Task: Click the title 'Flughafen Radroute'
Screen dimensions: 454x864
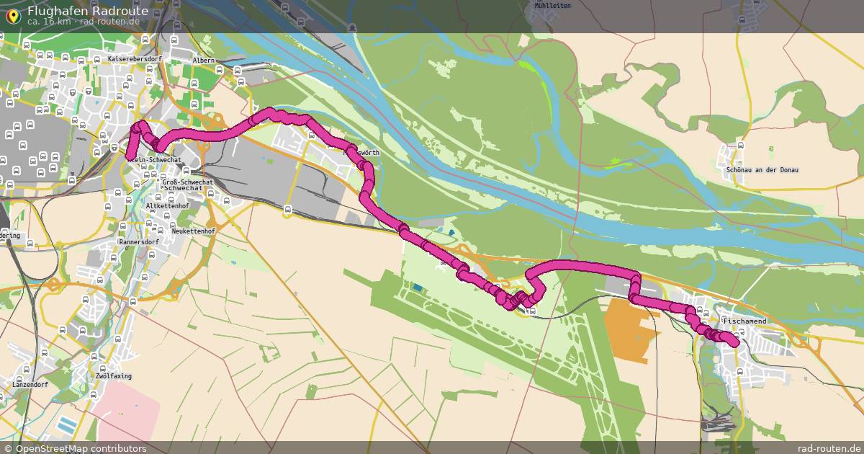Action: click(88, 11)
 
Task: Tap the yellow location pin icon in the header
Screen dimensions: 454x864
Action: click(12, 16)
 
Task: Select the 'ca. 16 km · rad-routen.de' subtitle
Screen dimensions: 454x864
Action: click(83, 22)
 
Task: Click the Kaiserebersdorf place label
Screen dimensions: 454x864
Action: click(132, 58)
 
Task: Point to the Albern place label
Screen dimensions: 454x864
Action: click(204, 61)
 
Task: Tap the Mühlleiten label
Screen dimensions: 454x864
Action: click(552, 5)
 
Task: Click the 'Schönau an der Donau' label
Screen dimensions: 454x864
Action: click(762, 169)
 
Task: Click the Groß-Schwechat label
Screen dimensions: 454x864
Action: click(188, 183)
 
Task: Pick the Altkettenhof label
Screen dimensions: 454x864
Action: click(167, 206)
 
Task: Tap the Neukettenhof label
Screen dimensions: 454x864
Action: click(194, 231)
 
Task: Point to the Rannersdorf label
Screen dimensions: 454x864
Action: click(139, 242)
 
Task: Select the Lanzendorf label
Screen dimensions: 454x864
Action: click(28, 385)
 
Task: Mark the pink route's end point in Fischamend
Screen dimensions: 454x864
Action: click(733, 341)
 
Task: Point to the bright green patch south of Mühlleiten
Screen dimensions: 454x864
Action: click(530, 67)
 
